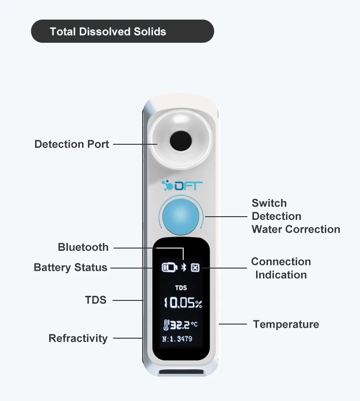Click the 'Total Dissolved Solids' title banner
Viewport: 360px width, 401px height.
tap(123, 31)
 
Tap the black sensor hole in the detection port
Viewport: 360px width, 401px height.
tap(181, 141)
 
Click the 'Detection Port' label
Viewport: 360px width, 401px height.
tap(72, 144)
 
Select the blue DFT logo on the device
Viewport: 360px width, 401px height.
tap(182, 185)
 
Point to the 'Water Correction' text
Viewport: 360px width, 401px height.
tap(296, 229)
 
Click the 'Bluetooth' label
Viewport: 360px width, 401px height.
tap(83, 247)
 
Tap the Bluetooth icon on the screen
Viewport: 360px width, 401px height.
tap(184, 268)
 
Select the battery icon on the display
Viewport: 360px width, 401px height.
tap(170, 268)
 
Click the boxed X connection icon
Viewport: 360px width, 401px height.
tap(195, 268)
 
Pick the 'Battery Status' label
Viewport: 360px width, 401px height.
tap(71, 268)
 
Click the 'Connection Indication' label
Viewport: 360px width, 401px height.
tap(281, 268)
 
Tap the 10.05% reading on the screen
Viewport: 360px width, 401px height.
tap(183, 303)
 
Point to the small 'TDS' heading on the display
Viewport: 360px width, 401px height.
tap(181, 288)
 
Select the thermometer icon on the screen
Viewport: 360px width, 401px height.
tap(166, 325)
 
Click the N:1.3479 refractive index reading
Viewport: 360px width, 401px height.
tap(177, 339)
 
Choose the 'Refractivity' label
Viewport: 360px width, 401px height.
tap(78, 338)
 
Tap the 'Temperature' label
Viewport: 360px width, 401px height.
tap(286, 324)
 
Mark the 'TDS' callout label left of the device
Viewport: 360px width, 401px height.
tap(96, 300)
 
